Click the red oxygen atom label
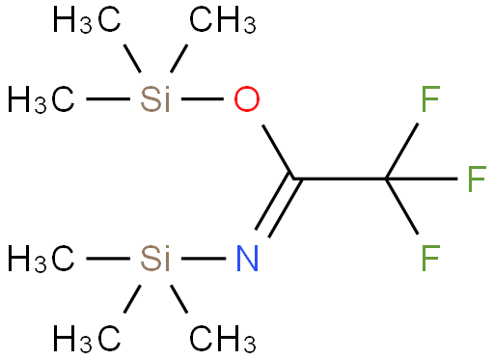pos(248,98)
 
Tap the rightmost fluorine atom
pos(476,179)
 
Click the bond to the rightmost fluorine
pos(425,179)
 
